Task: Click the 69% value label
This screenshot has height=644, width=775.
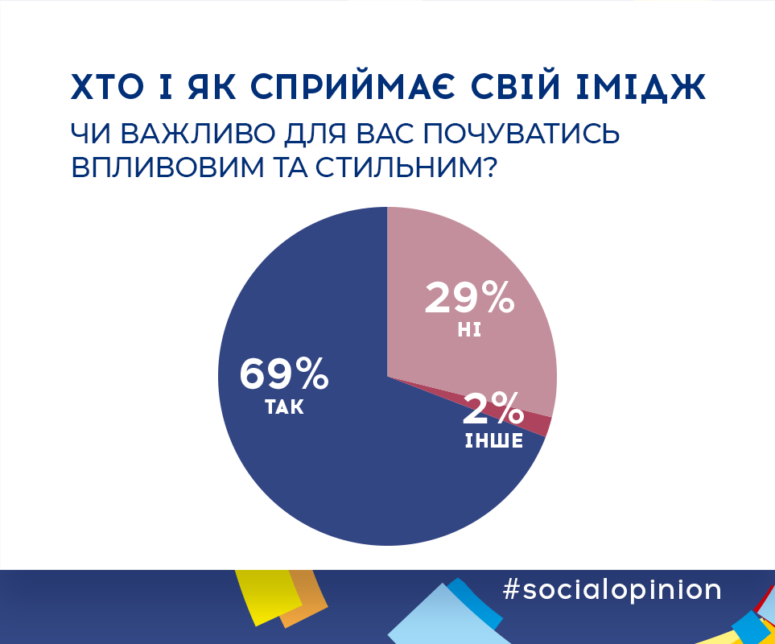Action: pyautogui.click(x=284, y=374)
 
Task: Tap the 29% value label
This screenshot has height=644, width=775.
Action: pyautogui.click(x=469, y=298)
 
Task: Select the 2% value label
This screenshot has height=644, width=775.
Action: pyautogui.click(x=493, y=408)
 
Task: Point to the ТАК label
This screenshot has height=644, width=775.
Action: pyautogui.click(x=284, y=407)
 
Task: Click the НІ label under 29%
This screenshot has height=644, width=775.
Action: pyautogui.click(x=469, y=330)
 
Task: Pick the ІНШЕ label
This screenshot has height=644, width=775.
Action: pyautogui.click(x=494, y=440)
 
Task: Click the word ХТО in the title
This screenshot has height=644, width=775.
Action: pyautogui.click(x=108, y=87)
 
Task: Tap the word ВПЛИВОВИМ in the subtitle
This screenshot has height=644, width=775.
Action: pyautogui.click(x=168, y=168)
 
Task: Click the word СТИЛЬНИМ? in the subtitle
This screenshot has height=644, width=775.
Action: pyautogui.click(x=406, y=168)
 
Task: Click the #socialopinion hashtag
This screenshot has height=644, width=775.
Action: pyautogui.click(x=612, y=590)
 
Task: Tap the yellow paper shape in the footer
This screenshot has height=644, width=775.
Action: pyautogui.click(x=270, y=596)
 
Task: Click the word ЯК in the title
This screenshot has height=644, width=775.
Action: pyautogui.click(x=212, y=87)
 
